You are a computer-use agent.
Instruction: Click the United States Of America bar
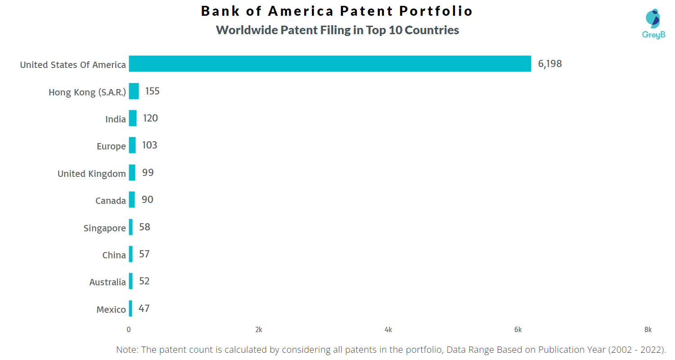[330, 63]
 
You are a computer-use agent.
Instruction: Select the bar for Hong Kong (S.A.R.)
[134, 91]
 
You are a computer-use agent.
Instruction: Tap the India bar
[133, 118]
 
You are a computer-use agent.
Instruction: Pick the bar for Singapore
[131, 227]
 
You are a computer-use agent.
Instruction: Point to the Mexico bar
[130, 309]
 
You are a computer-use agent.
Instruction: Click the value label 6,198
[550, 64]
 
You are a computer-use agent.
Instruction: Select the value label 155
[152, 91]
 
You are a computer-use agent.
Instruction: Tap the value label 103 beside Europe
[149, 145]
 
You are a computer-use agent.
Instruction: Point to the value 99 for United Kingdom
[148, 172]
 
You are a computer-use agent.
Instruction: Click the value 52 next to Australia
[144, 281]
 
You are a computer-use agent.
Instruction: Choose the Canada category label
[111, 201]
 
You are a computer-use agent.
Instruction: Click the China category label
[114, 255]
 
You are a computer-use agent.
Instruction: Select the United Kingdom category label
[92, 174]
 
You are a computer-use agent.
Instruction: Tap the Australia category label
[108, 282]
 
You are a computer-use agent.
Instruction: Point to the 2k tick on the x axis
[259, 330]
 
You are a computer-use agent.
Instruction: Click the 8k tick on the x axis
[648, 330]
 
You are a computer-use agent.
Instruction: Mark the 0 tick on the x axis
[129, 330]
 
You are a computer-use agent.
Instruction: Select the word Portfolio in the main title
[436, 11]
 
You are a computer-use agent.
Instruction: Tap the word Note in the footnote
[127, 350]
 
